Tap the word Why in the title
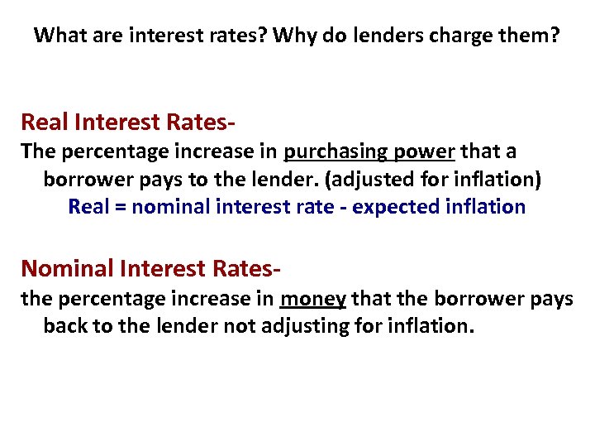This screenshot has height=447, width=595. coord(292,36)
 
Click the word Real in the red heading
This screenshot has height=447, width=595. coord(45,123)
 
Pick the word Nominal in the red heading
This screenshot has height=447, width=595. coord(68,268)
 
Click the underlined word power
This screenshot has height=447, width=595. coord(428,152)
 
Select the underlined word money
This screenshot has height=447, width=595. coord(313,298)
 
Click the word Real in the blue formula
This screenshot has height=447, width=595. coord(88,206)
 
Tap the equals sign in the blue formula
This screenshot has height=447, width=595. coord(120,207)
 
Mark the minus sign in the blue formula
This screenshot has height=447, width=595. coord(343,208)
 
